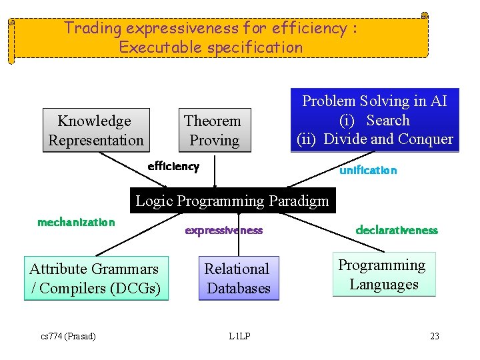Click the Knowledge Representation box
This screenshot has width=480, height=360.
[x=96, y=130]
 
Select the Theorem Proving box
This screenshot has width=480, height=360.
[x=214, y=130]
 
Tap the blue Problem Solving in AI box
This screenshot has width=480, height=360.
[x=375, y=120]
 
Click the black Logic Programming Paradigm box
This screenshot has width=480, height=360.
[x=232, y=201]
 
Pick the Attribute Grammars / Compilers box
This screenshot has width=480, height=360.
[x=96, y=278]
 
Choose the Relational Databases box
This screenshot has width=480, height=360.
[x=238, y=278]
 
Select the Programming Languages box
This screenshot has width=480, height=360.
[x=383, y=274]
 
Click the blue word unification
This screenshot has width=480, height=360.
[x=368, y=171]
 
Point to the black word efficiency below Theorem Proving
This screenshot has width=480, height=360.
[x=173, y=167]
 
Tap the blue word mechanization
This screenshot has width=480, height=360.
[x=76, y=222]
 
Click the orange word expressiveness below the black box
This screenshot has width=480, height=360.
[x=223, y=231]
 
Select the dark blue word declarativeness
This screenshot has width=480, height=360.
[x=397, y=230]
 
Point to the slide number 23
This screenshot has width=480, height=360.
[x=435, y=336]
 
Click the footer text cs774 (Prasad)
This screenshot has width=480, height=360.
[x=67, y=336]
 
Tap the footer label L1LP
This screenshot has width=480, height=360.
[x=239, y=336]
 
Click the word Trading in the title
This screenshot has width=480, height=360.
[x=93, y=29]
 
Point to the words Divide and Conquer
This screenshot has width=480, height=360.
[x=399, y=139]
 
